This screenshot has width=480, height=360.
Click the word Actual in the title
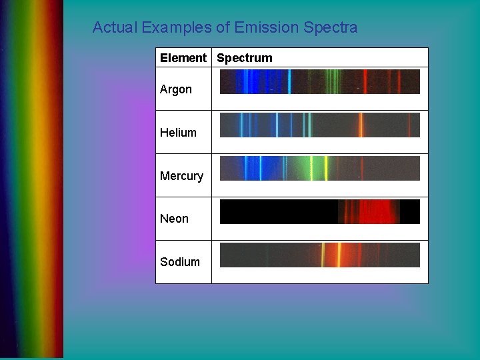[x=115, y=28]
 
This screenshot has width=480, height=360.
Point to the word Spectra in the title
[x=330, y=28]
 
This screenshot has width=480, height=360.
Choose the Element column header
[x=183, y=58]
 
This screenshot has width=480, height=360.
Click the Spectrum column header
[x=245, y=58]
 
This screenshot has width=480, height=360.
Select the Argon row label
[x=176, y=89]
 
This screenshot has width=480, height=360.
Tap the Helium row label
[x=178, y=133]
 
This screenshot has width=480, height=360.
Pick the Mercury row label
[x=181, y=176]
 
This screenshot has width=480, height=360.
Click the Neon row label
[x=174, y=219]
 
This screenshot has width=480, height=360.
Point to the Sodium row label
[x=180, y=262]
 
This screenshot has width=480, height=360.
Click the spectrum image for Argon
[x=320, y=82]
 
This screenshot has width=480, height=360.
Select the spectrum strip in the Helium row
[x=320, y=125]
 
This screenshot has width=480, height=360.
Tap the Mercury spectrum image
[x=320, y=169]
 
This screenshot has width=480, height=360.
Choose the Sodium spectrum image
[x=320, y=255]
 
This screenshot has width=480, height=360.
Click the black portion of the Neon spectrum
[x=277, y=212]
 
